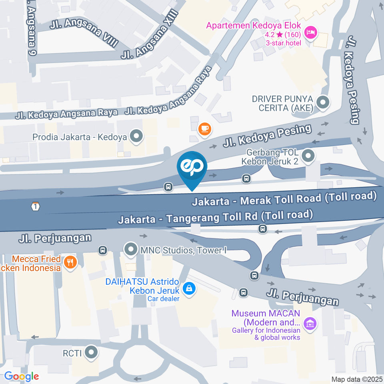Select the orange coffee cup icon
(205, 128)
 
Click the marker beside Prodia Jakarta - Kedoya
(137, 136)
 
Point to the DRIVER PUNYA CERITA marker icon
(322, 103)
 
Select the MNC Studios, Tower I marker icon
(130, 250)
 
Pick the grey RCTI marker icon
(92, 353)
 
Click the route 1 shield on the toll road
(36, 206)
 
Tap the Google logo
(22, 376)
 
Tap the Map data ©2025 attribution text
(357, 379)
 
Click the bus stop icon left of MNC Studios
(103, 250)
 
